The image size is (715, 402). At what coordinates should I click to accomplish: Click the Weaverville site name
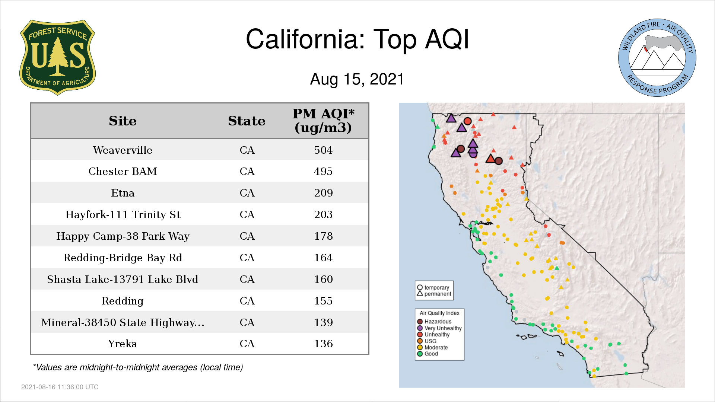point(123,150)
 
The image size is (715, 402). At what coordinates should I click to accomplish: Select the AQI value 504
point(323,150)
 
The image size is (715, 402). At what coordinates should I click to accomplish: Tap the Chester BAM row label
point(123,171)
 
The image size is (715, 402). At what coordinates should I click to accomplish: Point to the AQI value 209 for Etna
point(323,193)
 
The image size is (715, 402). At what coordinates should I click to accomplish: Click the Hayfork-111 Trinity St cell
point(123,214)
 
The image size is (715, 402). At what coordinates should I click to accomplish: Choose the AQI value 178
point(323,236)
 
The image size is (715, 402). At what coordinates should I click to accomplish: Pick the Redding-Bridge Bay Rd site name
point(123,258)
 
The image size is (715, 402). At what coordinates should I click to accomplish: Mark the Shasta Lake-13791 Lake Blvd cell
point(123,279)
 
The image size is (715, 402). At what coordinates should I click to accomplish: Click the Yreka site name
point(123,344)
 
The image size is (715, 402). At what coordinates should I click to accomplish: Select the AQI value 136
point(323,344)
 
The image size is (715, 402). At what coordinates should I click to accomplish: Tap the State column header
point(247,121)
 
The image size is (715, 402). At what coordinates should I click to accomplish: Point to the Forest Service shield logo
point(57,57)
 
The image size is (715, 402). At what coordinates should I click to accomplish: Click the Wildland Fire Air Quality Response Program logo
point(657,58)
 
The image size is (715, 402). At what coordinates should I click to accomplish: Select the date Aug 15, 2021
point(357,79)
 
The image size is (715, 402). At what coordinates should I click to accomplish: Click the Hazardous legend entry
point(435,322)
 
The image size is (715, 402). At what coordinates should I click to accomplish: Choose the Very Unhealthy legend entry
point(439,328)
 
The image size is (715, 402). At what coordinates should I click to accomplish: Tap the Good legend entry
point(428,354)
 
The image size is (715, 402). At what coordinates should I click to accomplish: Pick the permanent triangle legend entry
point(434,294)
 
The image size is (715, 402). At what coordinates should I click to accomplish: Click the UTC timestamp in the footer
point(60,387)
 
